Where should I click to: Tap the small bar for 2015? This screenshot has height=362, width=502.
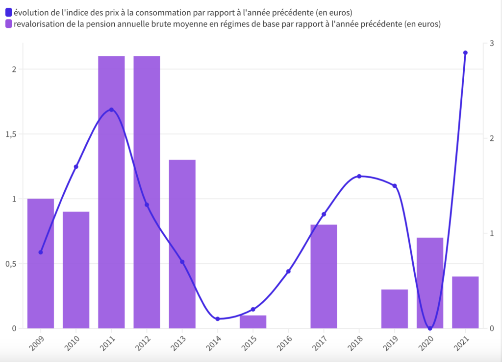253,321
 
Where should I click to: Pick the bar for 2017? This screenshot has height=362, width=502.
324,276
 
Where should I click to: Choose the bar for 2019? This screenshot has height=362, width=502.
395,309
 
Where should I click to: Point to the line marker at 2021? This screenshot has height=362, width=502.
465,53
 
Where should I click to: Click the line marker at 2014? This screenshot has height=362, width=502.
218,319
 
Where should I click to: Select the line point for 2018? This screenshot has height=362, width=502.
359,176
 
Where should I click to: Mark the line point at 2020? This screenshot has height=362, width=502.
430,328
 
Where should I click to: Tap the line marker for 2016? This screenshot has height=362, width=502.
288,271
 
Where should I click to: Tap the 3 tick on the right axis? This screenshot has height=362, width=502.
492,44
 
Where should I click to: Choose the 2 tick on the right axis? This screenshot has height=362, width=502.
492,139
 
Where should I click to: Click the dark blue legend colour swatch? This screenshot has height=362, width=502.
8,12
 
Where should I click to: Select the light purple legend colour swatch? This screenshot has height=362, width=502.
8,23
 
